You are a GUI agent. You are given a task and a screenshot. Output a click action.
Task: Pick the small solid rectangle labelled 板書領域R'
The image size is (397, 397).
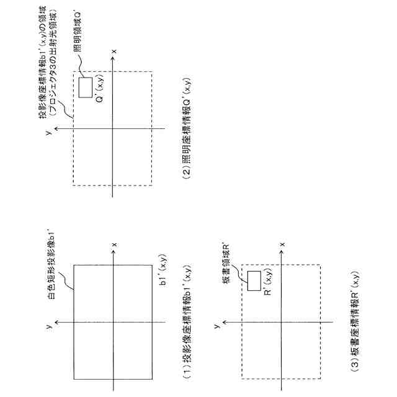click(253, 280)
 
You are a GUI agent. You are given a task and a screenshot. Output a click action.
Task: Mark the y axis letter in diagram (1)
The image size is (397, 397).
click(48, 323)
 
